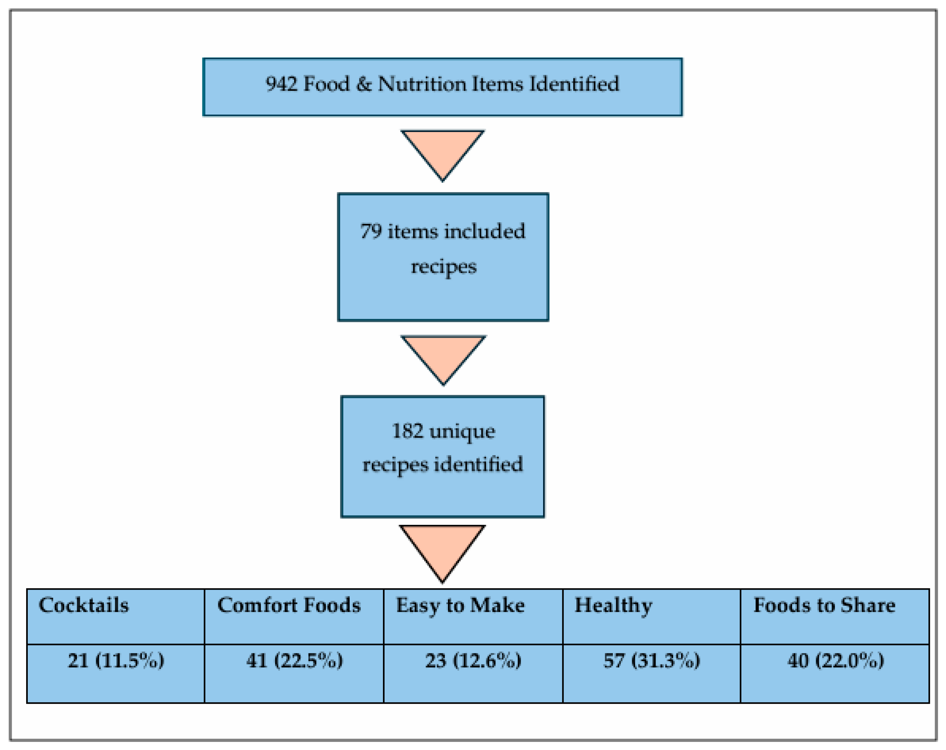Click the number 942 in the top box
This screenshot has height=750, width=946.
tap(281, 84)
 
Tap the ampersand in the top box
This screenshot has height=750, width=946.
tap(363, 84)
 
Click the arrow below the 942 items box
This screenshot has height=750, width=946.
tap(442, 151)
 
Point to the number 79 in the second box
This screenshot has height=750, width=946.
tap(371, 231)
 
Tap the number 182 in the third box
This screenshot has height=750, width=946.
tap(407, 431)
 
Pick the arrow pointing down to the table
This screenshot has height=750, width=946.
tap(442, 549)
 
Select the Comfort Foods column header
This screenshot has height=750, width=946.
tap(289, 605)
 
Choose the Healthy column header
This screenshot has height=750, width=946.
tap(613, 605)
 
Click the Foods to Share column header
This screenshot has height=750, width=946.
tap(824, 605)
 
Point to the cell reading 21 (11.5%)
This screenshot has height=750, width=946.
tap(116, 660)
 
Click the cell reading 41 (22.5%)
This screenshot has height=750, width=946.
tap(294, 660)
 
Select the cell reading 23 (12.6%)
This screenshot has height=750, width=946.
tap(473, 660)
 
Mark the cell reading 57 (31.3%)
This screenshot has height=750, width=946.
tap(651, 660)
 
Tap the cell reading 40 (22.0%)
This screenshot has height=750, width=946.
tap(835, 660)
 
